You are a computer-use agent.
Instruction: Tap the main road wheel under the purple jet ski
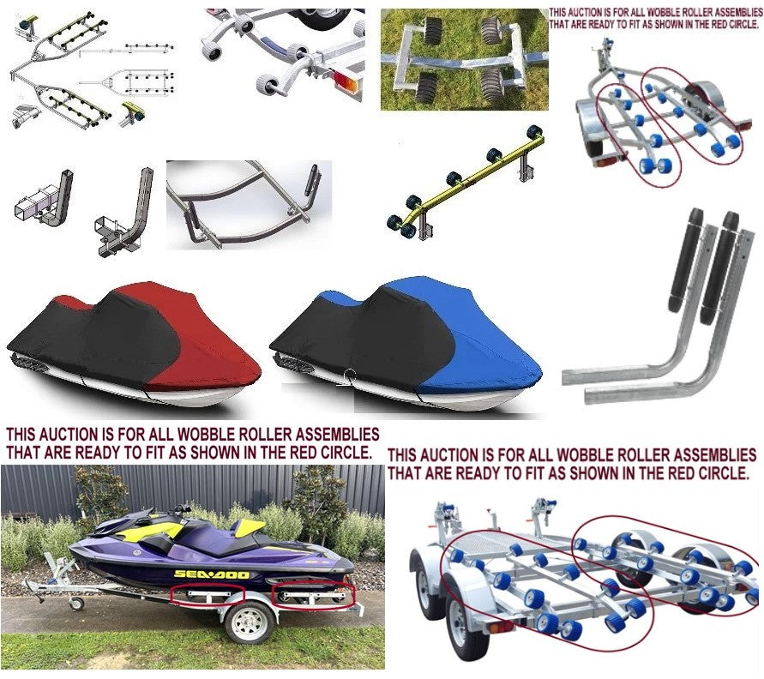[x=250, y=623]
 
